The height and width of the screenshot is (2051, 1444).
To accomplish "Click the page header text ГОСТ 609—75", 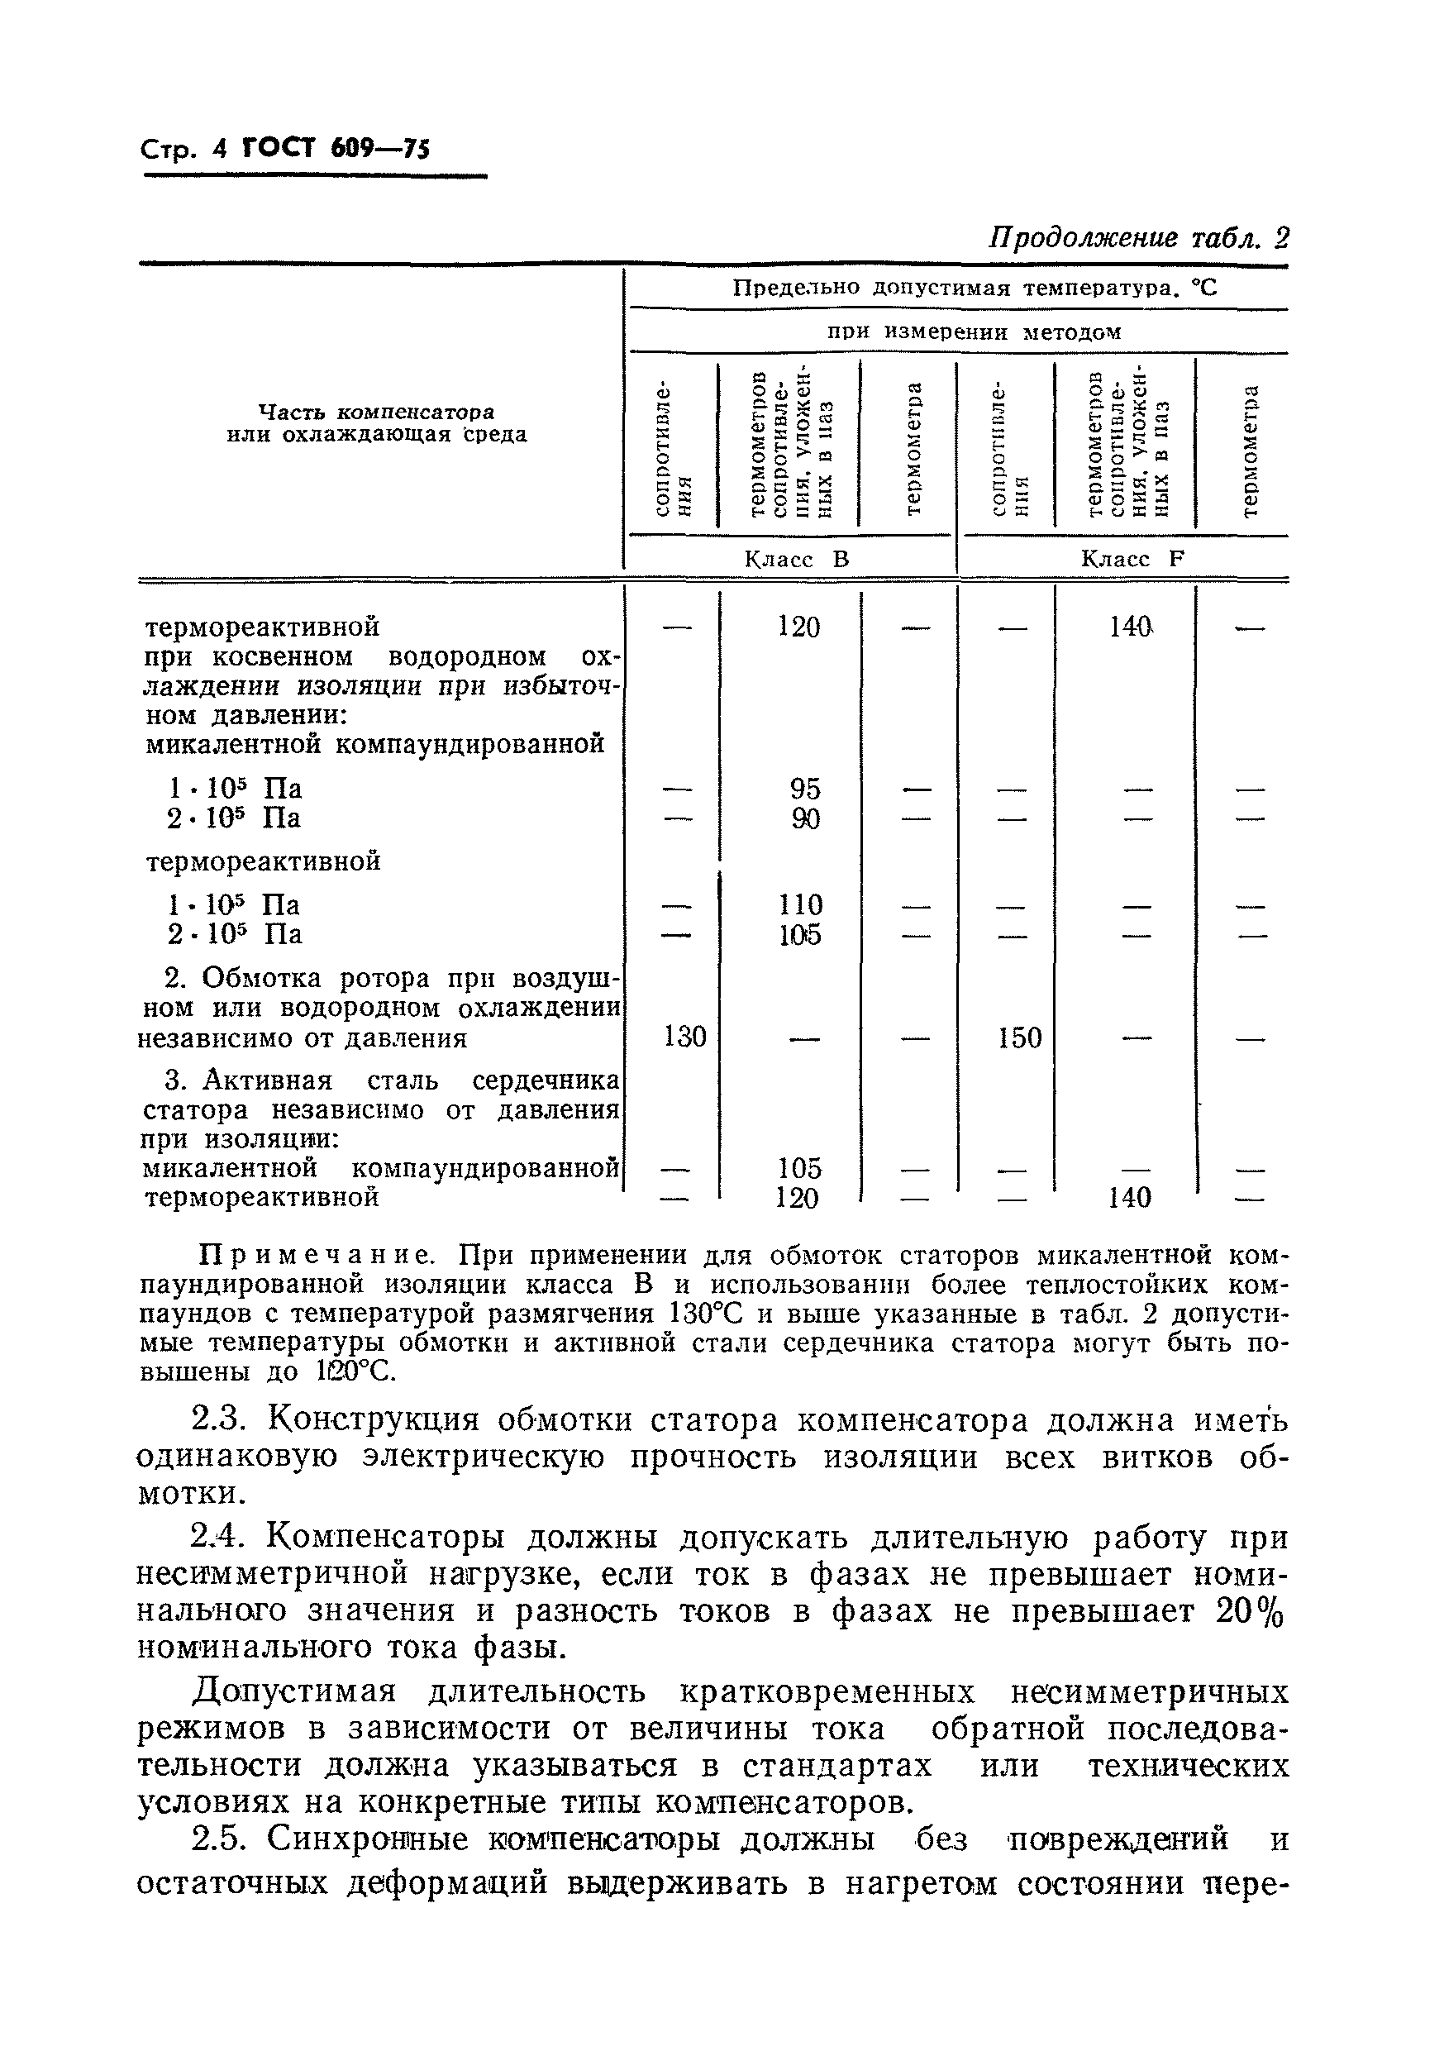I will click(x=336, y=147).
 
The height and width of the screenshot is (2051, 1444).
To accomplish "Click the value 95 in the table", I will click(x=804, y=789).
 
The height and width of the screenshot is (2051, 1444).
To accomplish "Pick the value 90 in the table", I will click(x=804, y=819).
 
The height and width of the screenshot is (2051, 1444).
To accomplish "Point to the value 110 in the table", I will click(x=799, y=905).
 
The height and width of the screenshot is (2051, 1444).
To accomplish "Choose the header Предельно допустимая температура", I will click(x=975, y=289).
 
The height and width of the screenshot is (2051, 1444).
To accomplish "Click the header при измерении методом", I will click(x=973, y=332).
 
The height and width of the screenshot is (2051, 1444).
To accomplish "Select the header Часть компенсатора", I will click(x=376, y=413).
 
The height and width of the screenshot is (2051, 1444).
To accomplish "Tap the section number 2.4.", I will click(x=215, y=1538).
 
